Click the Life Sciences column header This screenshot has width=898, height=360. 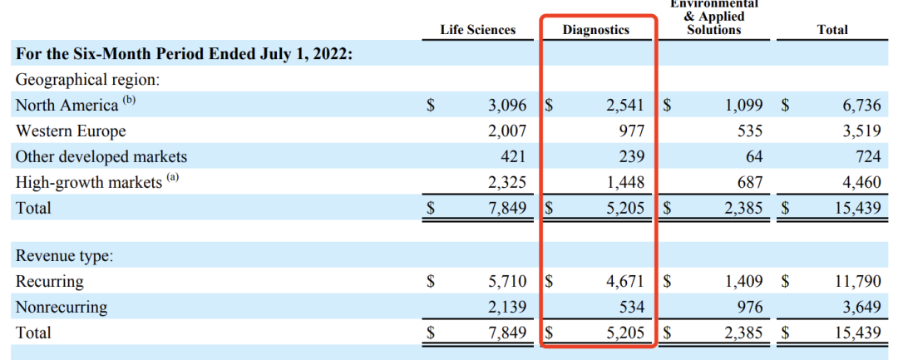point(477,30)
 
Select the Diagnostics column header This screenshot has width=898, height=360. point(596,30)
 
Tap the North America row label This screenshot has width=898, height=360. point(67,106)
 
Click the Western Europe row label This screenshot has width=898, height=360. point(71,131)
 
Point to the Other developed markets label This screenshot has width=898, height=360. point(101,156)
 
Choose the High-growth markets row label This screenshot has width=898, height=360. point(88,182)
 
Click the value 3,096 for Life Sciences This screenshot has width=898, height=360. point(506,106)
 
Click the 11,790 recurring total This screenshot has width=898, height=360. point(857,281)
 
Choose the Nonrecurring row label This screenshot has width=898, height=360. point(62,307)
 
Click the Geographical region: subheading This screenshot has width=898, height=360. point(87,80)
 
